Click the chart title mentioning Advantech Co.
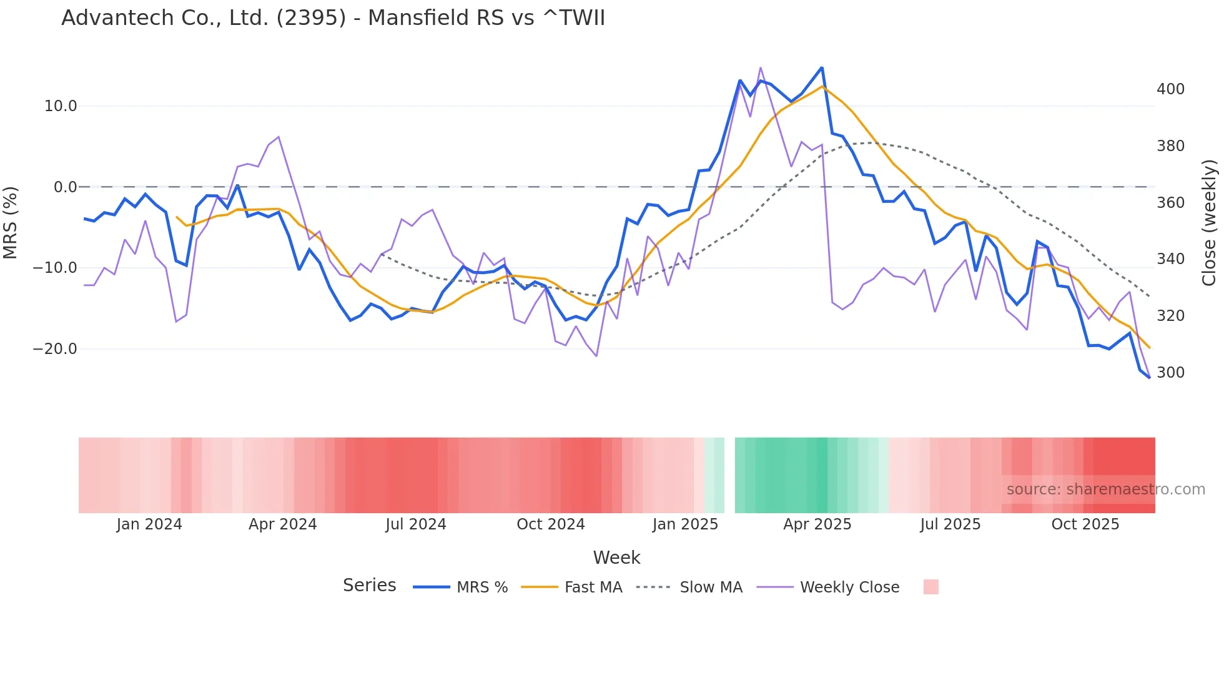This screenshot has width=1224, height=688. [333, 18]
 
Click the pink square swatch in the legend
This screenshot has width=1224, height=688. [930, 587]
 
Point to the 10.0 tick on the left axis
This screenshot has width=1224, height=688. [61, 106]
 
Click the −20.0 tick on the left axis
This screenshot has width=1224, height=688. [55, 349]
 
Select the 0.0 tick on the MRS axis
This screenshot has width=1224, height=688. [66, 187]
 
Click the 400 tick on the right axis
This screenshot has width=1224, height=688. [1170, 89]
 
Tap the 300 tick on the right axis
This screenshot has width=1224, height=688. [1170, 373]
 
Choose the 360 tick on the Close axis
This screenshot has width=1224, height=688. [1170, 203]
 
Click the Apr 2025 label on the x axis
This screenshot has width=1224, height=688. [817, 524]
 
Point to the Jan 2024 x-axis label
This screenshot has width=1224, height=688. [149, 524]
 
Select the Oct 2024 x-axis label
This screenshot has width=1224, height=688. [550, 524]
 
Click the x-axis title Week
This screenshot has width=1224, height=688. [616, 558]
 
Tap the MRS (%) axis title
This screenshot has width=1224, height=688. [11, 222]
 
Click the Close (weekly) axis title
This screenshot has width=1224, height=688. [1210, 222]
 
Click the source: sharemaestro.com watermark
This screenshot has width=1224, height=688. [1105, 489]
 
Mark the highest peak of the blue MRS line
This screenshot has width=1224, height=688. [822, 67]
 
